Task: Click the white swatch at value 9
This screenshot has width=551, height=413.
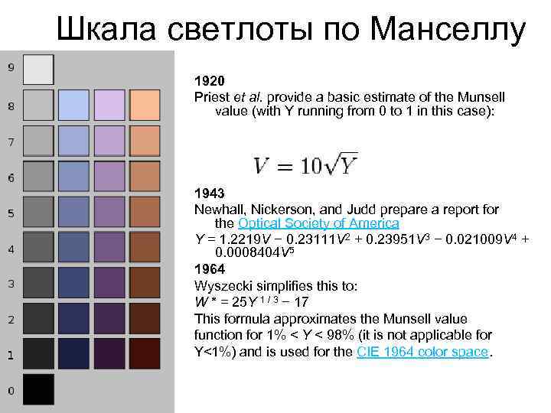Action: click(38, 70)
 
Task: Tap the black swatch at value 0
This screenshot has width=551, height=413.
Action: click(38, 389)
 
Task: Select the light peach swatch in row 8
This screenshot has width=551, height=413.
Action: click(145, 105)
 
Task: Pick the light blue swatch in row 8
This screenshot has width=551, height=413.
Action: click(74, 105)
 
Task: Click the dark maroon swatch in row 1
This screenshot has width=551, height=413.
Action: click(145, 354)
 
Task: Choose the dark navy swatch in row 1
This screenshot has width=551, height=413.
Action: click(74, 354)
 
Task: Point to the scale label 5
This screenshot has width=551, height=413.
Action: click(11, 213)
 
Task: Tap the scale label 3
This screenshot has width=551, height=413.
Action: click(11, 284)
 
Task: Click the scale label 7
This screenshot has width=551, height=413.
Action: click(11, 142)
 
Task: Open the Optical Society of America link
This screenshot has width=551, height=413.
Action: click(318, 223)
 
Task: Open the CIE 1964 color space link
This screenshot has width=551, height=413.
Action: click(422, 352)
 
